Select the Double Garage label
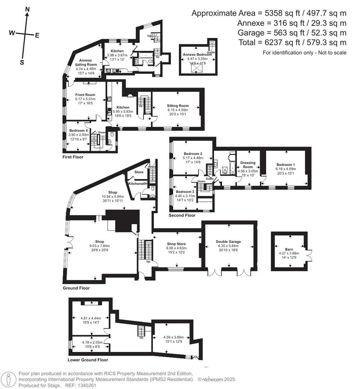click(228, 242)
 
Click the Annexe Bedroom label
click(197, 54)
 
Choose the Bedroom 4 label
click(78, 130)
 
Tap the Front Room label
click(85, 95)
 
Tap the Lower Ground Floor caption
click(87, 360)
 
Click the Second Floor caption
click(182, 215)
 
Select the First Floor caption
click(73, 157)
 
